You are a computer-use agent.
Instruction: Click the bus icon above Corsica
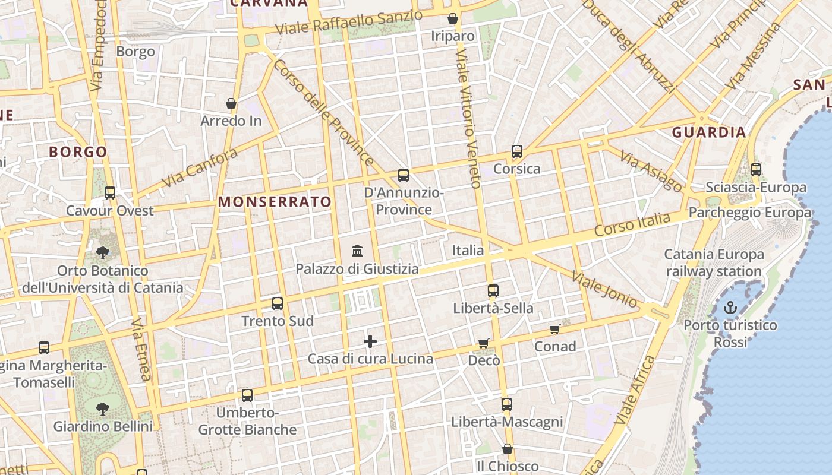pos(516,151)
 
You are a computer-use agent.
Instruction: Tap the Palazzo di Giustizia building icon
pos(357,251)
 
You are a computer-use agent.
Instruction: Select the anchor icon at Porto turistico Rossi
pos(730,308)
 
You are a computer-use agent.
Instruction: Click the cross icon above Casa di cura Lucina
pos(370,341)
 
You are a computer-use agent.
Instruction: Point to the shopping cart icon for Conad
pos(554,329)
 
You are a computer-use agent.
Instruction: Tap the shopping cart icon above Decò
pos(484,343)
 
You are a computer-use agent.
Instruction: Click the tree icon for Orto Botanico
pos(103,254)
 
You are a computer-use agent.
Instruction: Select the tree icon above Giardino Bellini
pos(103,408)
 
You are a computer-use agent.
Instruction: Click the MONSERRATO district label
pos(275,202)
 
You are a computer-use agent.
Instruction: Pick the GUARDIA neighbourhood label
pos(708,132)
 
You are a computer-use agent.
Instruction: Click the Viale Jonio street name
pos(604,290)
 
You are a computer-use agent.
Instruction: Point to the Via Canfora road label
pos(199,167)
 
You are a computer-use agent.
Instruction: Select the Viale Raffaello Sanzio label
pos(349,22)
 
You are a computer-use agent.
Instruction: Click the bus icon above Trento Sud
pos(277,303)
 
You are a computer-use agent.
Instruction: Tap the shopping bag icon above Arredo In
pos(231,104)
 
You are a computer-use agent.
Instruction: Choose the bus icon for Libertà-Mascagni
pos(506,404)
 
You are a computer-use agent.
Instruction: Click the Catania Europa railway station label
pos(714,263)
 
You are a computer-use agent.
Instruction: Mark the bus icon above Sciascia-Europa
pos(755,170)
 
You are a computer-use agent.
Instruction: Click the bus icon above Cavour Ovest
pos(109,193)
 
